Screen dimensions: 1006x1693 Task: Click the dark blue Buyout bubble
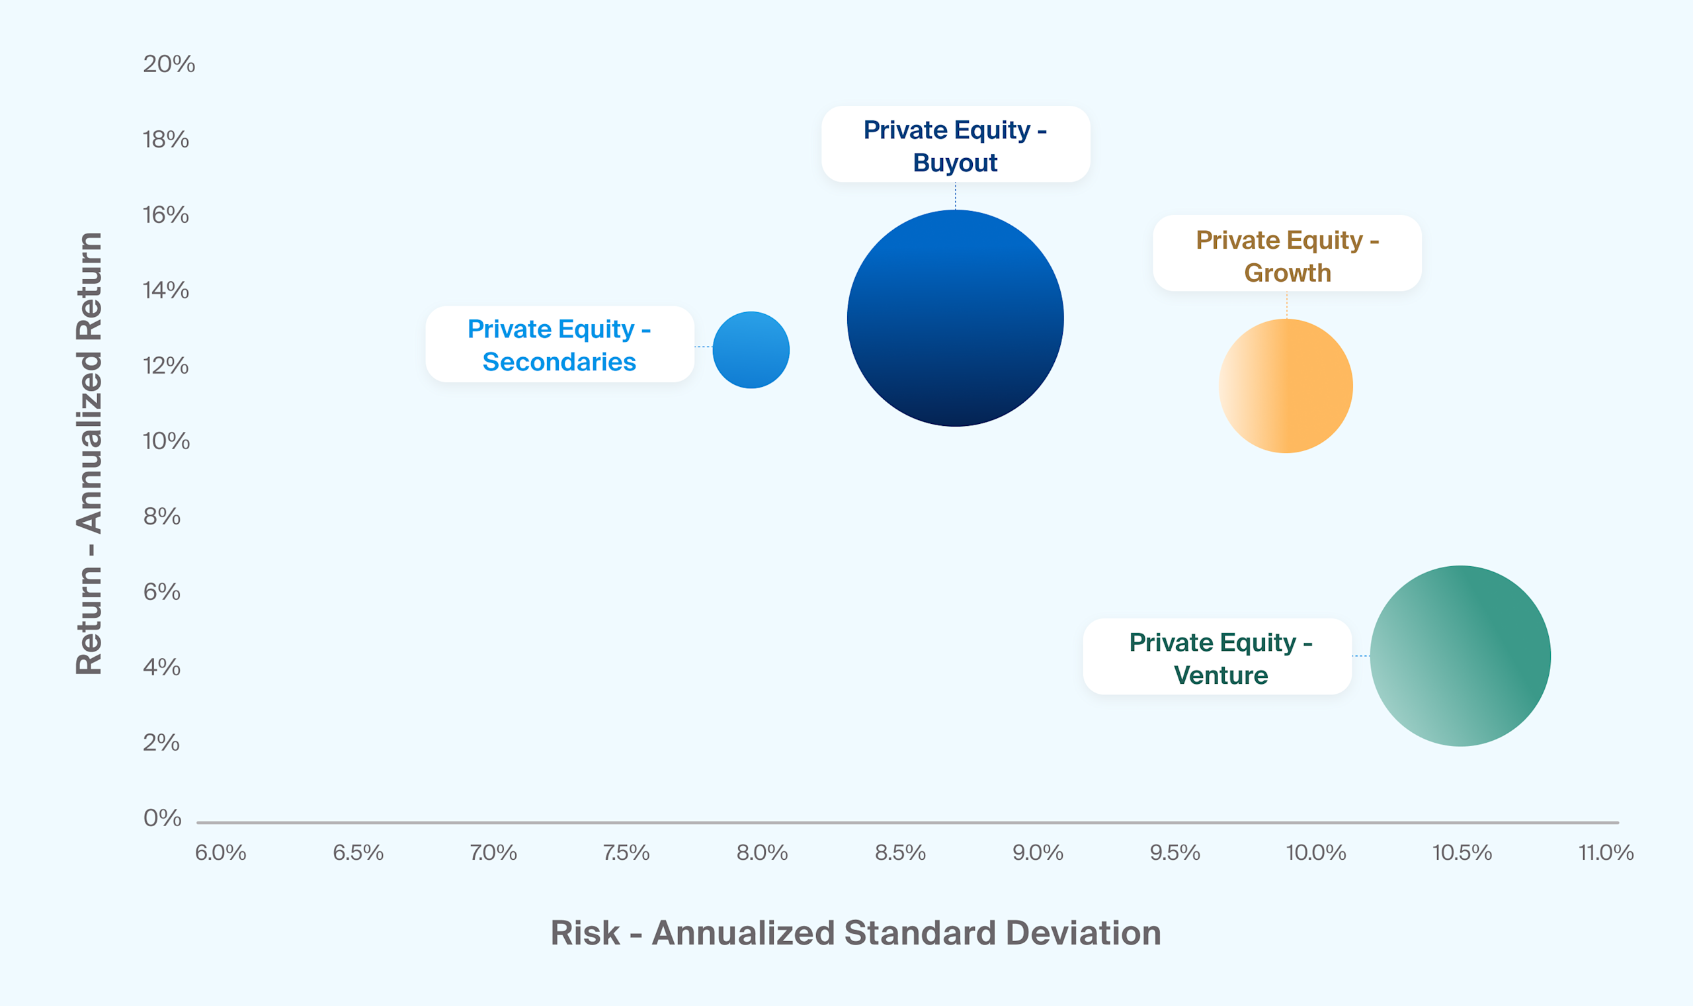pos(955,318)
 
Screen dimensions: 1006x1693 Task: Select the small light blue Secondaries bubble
pos(751,350)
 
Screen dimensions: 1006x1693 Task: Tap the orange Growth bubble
pos(1286,386)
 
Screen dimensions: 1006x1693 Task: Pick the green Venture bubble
pos(1460,655)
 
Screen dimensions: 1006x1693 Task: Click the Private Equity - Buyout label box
pos(955,144)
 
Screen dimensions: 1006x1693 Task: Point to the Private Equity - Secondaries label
pos(559,345)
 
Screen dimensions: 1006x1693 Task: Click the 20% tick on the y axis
pos(169,63)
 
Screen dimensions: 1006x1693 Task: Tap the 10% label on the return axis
pos(166,441)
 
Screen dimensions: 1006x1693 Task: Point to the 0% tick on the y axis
pos(162,817)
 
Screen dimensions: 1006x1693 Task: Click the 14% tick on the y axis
pos(166,290)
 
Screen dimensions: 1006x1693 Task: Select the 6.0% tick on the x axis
pos(220,852)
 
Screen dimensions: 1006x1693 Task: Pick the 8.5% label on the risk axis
pos(900,852)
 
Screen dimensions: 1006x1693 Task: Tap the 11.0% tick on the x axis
pos(1606,852)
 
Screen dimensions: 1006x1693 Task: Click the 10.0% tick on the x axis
pos(1315,852)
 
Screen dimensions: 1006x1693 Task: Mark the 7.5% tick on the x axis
pos(626,852)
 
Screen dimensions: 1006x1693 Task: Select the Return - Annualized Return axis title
pos(89,453)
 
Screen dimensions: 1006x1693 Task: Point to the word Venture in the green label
pos(1221,675)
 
